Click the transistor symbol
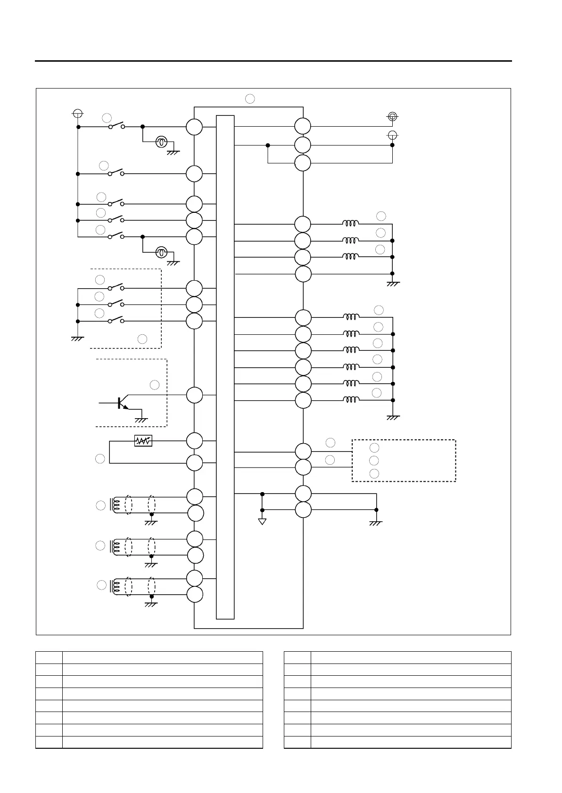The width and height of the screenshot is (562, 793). tap(121, 404)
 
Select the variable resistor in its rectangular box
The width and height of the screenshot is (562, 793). tap(143, 441)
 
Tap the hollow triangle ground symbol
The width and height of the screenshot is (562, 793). tap(262, 521)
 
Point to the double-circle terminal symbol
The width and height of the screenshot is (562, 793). tap(392, 116)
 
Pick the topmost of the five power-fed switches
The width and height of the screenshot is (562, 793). tap(116, 126)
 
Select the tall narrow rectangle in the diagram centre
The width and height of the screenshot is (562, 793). tap(225, 367)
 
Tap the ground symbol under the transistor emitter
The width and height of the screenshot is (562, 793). tap(141, 420)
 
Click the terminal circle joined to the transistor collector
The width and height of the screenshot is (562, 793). tap(194, 395)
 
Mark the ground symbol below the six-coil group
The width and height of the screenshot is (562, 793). tap(393, 417)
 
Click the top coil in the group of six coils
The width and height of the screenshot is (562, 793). tap(351, 317)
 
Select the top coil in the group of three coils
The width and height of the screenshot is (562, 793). tap(351, 224)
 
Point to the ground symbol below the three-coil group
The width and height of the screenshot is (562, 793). tap(393, 283)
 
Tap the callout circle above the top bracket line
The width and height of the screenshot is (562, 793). tap(250, 98)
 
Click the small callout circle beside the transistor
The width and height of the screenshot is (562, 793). tap(155, 385)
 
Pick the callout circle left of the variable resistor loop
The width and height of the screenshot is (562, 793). tap(100, 458)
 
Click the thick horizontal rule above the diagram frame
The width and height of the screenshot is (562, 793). tap(273, 61)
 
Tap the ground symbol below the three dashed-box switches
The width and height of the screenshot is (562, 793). tap(77, 338)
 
